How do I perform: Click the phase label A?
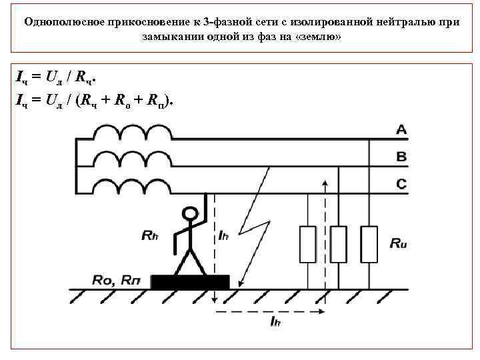pyautogui.click(x=401, y=131)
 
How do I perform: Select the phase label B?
pyautogui.click(x=401, y=157)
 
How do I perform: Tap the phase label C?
pyautogui.click(x=401, y=184)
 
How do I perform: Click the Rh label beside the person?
pyautogui.click(x=151, y=235)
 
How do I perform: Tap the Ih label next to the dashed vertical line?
pyautogui.click(x=225, y=235)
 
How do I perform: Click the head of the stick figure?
pyautogui.click(x=191, y=214)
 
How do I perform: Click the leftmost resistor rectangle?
pyautogui.click(x=307, y=244)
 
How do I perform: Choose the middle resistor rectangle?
pyautogui.click(x=339, y=244)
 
